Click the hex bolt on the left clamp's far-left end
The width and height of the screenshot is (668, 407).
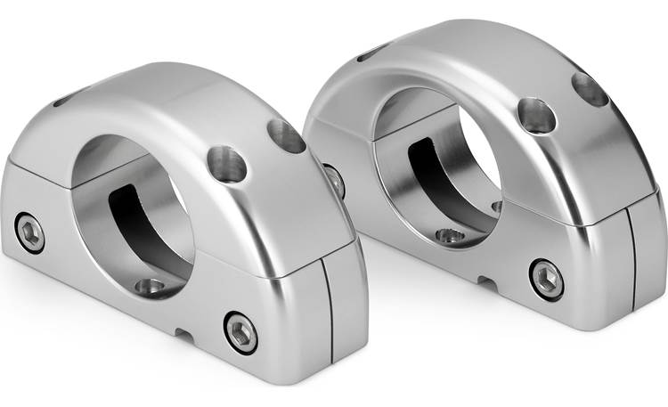[30, 233]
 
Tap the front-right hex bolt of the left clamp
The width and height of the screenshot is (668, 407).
[240, 332]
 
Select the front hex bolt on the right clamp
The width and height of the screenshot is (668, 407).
[546, 279]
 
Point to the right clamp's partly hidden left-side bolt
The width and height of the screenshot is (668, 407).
[335, 180]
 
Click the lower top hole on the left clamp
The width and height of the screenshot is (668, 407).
[227, 164]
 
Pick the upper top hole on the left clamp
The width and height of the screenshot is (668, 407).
[286, 135]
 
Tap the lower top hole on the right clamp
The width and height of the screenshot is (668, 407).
[537, 116]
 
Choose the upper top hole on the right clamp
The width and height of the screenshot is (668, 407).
[590, 89]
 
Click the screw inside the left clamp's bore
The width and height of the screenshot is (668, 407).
[151, 287]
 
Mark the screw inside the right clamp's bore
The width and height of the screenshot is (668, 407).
[451, 236]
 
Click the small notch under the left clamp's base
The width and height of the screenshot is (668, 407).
[185, 336]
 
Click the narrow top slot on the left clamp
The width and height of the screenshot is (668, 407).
[67, 100]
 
